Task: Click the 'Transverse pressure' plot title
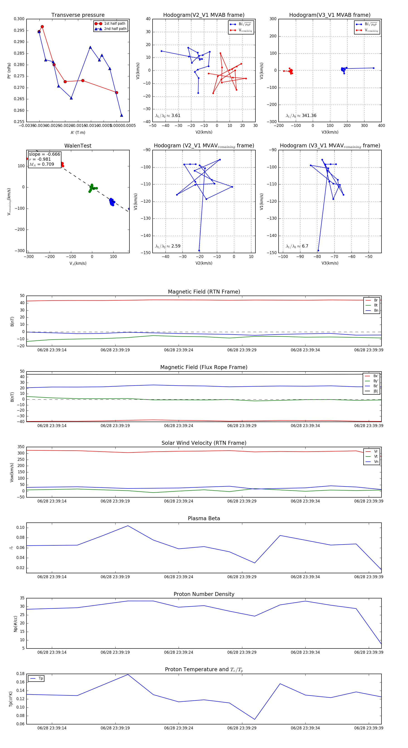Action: click(x=78, y=15)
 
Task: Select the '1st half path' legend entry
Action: click(x=114, y=24)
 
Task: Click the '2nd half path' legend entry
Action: click(x=115, y=29)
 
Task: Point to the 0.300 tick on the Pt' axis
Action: click(x=19, y=19)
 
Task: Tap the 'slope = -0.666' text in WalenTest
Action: click(x=44, y=154)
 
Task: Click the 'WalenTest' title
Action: click(x=78, y=146)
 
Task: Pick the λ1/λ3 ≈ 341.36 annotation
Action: click(x=301, y=116)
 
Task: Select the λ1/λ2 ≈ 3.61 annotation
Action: click(x=168, y=116)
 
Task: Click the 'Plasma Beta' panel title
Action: click(x=204, y=519)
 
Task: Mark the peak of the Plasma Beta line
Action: click(x=128, y=526)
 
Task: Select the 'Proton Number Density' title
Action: click(x=204, y=594)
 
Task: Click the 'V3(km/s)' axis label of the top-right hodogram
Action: click(x=330, y=132)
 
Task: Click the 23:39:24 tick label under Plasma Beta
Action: click(x=178, y=577)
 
